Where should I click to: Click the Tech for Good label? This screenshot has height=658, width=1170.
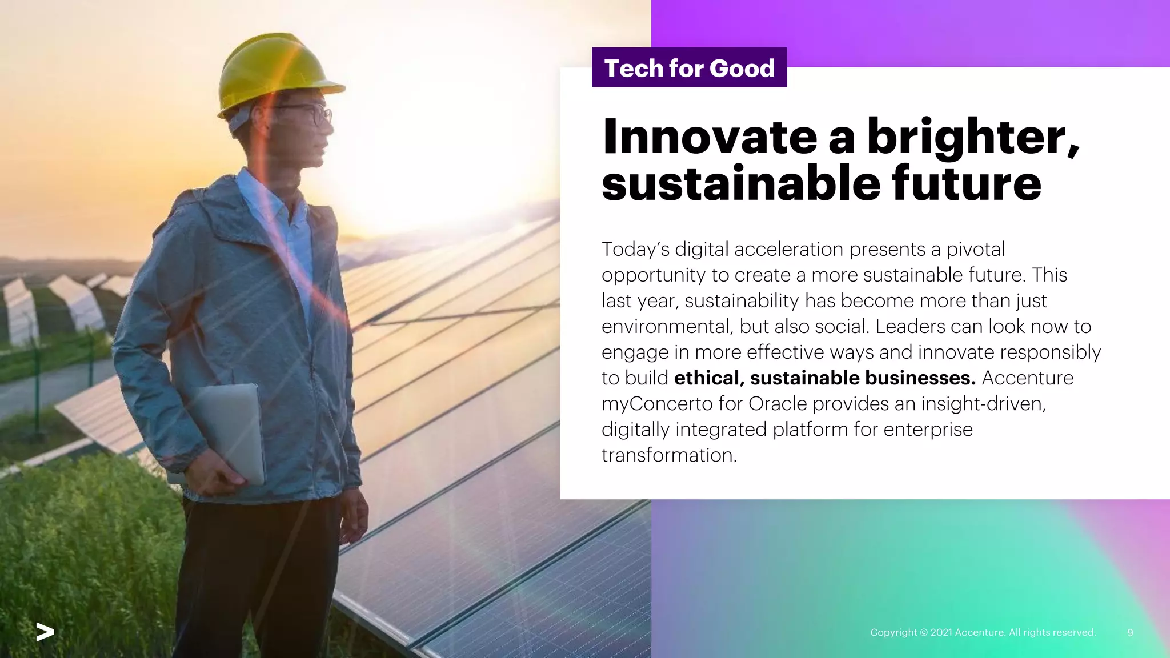pos(689,68)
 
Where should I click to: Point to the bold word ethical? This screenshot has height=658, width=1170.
pos(709,378)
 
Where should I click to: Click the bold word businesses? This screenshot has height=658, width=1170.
pos(920,378)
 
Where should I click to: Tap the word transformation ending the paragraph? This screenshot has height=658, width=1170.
pos(669,455)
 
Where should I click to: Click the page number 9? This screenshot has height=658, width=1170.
pos(1130,632)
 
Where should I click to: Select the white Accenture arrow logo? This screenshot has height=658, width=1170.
pos(45,632)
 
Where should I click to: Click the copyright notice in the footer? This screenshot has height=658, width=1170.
pos(983,632)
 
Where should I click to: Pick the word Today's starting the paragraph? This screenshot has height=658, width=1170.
pos(635,250)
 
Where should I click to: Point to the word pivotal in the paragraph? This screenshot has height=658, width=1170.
pos(976,250)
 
